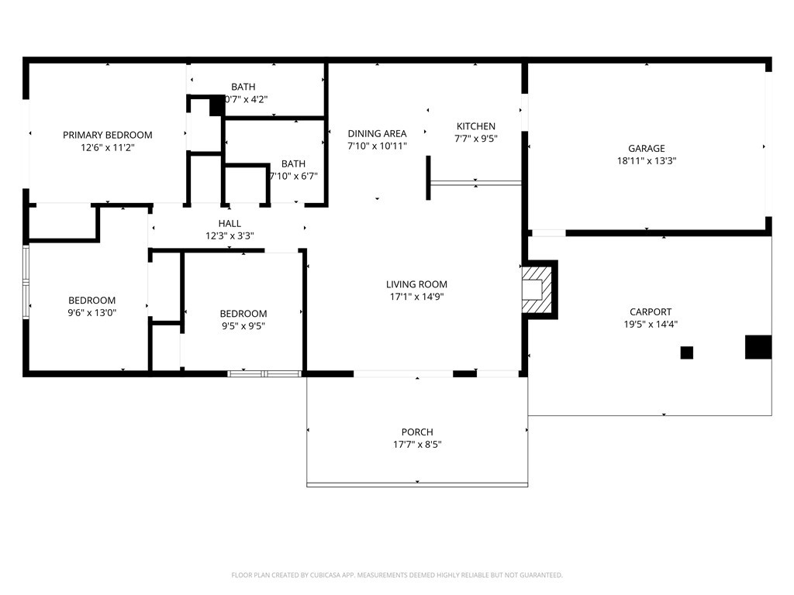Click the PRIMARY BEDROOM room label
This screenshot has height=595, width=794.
coord(107,135)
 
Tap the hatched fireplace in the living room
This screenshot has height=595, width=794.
coord(539,289)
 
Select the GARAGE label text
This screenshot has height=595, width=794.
coord(646,149)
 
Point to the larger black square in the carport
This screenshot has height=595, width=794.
coord(758,347)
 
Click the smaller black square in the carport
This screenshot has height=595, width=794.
coord(686,353)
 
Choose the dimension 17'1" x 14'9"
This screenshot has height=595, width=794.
coord(416,297)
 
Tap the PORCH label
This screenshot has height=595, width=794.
coord(417,432)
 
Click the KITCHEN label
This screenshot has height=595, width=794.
coord(475,126)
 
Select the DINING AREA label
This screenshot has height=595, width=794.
coord(377,133)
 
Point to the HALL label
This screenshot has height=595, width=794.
coord(230,224)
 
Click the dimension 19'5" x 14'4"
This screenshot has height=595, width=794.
coord(651,325)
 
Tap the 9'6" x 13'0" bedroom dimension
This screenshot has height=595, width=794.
coord(91,313)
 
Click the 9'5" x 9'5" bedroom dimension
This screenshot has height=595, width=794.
coord(243,326)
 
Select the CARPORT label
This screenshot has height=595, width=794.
coord(651,312)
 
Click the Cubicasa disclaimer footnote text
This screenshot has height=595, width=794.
coord(396,575)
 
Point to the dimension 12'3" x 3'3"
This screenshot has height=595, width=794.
coord(230,236)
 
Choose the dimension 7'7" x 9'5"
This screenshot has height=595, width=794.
coord(475,139)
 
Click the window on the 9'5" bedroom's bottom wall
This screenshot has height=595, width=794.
coord(264,373)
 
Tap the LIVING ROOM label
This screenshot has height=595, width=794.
coord(416,284)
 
